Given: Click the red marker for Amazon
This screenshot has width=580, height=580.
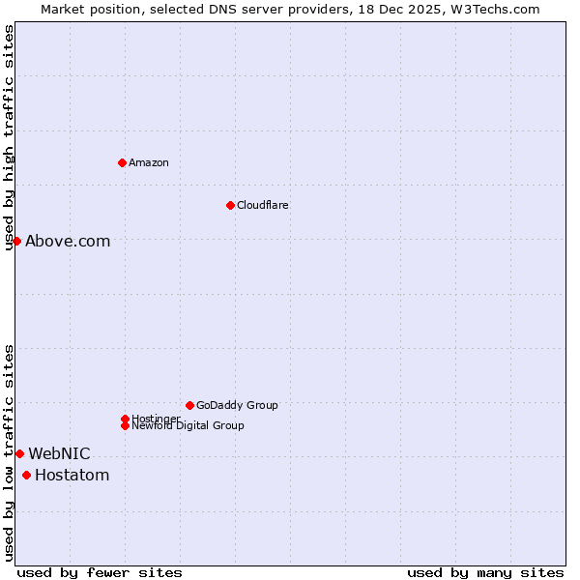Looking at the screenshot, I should click(122, 162).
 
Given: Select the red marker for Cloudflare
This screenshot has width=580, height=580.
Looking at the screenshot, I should click(230, 205).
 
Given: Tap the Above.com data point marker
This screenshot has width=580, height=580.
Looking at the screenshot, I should click(17, 241).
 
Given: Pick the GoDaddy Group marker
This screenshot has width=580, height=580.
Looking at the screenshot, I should click(189, 405).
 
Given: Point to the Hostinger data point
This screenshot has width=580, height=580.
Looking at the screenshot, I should click(125, 419).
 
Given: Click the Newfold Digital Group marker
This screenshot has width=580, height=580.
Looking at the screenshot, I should click(125, 425).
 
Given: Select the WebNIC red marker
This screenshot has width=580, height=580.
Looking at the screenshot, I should click(19, 453).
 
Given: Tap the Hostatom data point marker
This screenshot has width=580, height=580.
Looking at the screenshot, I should click(26, 475).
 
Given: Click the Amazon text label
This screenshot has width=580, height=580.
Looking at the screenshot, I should click(149, 162).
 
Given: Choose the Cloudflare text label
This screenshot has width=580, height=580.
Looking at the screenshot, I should click(263, 205).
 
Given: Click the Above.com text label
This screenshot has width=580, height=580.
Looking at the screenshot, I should click(68, 242).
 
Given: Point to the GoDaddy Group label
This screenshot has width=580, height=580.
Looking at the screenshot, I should click(237, 405).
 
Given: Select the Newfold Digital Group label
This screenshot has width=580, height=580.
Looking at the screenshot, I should click(188, 426).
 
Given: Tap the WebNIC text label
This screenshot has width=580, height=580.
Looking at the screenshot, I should click(59, 454).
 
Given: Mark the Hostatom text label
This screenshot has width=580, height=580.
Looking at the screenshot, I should click(72, 476).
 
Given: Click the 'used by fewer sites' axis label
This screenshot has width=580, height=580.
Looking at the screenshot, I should click(100, 572).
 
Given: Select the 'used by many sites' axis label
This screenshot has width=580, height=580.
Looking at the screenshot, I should click(485, 572).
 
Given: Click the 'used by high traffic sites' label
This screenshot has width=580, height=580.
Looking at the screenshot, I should click(10, 137).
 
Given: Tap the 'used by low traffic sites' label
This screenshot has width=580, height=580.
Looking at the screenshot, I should click(10, 452).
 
